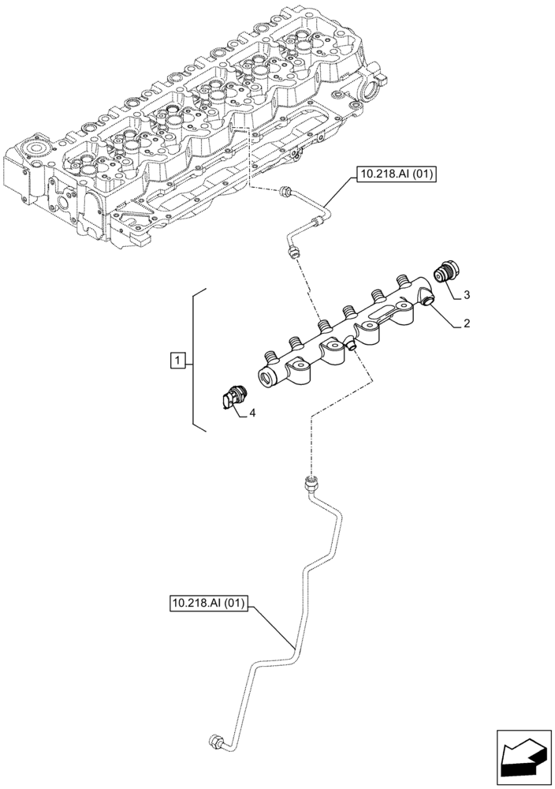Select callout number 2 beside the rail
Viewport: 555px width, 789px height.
tap(467, 323)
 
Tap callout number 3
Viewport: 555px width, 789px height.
tap(467, 295)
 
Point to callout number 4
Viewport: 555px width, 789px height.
tap(252, 412)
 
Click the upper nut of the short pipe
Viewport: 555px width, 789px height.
tap(287, 189)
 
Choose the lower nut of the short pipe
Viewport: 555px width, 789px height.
tap(294, 250)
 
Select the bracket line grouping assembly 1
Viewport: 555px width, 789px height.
tap(196, 360)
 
